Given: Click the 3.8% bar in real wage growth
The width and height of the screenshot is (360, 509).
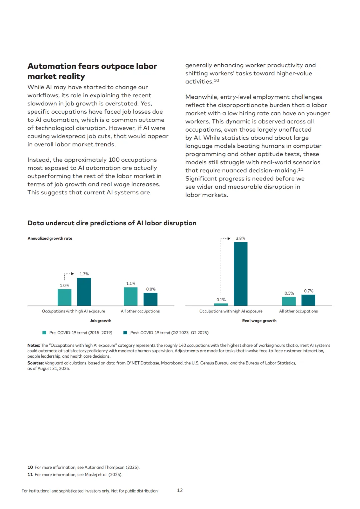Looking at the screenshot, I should click(x=240, y=274).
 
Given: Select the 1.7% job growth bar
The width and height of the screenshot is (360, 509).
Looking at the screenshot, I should click(x=84, y=292).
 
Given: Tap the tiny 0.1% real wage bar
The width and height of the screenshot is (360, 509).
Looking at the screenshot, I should click(x=221, y=304).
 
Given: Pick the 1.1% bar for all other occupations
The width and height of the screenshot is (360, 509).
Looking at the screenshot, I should click(x=131, y=296).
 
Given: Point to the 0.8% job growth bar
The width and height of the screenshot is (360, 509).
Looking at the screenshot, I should click(x=150, y=299).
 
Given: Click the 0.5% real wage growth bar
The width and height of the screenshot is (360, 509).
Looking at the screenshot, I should click(x=289, y=301).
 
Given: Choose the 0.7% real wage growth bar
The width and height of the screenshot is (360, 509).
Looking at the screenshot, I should click(x=308, y=300).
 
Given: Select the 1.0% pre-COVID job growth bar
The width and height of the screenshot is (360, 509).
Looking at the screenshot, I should click(x=64, y=297).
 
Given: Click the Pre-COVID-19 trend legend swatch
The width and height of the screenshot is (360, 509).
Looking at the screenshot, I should click(x=44, y=333).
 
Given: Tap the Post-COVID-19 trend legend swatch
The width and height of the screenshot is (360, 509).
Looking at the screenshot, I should click(x=125, y=333).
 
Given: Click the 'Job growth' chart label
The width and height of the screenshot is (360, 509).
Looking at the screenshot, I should click(x=100, y=321).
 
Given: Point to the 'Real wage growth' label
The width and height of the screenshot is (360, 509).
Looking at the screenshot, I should click(x=259, y=321).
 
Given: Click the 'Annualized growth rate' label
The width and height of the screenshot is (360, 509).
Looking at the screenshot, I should click(x=50, y=238).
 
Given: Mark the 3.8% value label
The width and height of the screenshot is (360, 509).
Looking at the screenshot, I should click(x=240, y=238).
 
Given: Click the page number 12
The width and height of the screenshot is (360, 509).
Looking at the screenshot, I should click(x=180, y=490).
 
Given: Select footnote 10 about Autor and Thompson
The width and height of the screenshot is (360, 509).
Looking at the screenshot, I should click(x=83, y=467).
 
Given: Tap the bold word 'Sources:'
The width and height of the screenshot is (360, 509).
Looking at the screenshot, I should click(x=35, y=363).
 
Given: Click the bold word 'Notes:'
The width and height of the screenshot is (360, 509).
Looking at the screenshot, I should click(x=34, y=345).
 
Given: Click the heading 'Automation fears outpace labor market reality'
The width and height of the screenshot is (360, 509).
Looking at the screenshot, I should click(x=92, y=71).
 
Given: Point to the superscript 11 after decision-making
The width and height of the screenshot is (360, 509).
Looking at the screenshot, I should click(x=301, y=169).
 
